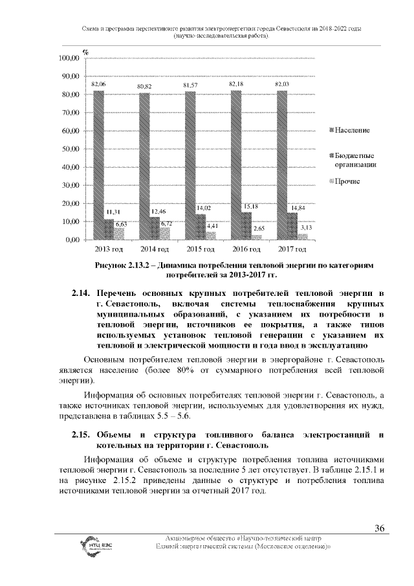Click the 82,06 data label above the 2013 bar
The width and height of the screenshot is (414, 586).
(x=98, y=85)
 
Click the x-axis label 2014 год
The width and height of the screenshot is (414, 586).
(x=155, y=249)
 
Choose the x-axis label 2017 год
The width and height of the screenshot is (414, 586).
(x=292, y=249)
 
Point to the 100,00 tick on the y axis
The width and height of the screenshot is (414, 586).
(x=68, y=58)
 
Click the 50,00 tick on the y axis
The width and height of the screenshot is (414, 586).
(x=68, y=149)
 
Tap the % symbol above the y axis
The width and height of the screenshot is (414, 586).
(x=85, y=51)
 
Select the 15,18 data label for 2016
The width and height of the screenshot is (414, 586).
(x=250, y=206)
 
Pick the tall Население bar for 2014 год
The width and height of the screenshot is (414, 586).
(x=145, y=166)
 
